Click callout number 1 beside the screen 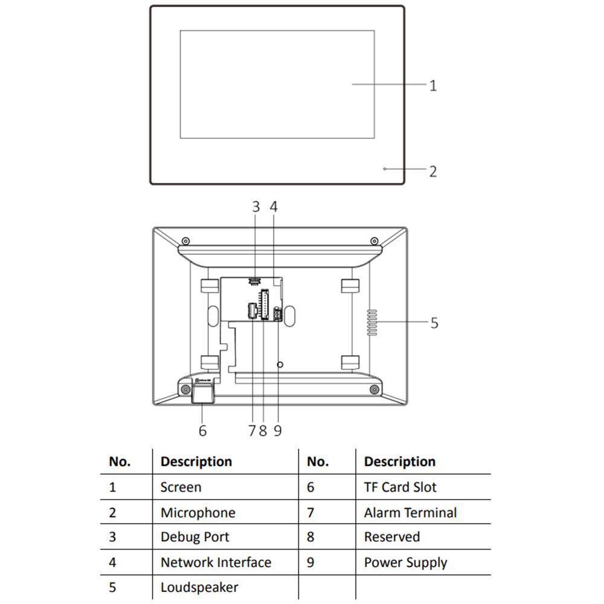pyautogui.click(x=432, y=85)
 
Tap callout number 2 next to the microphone pyautogui.click(x=432, y=171)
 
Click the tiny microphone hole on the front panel pyautogui.click(x=385, y=169)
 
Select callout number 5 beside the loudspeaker pyautogui.click(x=434, y=323)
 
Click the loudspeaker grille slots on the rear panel pyautogui.click(x=372, y=323)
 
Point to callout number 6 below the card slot pyautogui.click(x=202, y=430)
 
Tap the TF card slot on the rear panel pyautogui.click(x=202, y=393)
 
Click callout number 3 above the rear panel pyautogui.click(x=255, y=207)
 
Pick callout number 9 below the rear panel pyautogui.click(x=277, y=430)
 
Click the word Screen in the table pyautogui.click(x=181, y=487)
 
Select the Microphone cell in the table pyautogui.click(x=198, y=513)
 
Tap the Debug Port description pyautogui.click(x=194, y=537)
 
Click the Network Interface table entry pyautogui.click(x=216, y=562)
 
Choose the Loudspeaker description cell pyautogui.click(x=199, y=587)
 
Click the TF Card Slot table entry pyautogui.click(x=400, y=487)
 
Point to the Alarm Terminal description pyautogui.click(x=410, y=513)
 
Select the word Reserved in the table pyautogui.click(x=391, y=537)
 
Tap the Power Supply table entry pyautogui.click(x=405, y=562)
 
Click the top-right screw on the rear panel pyautogui.click(x=374, y=241)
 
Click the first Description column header pyautogui.click(x=196, y=461)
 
